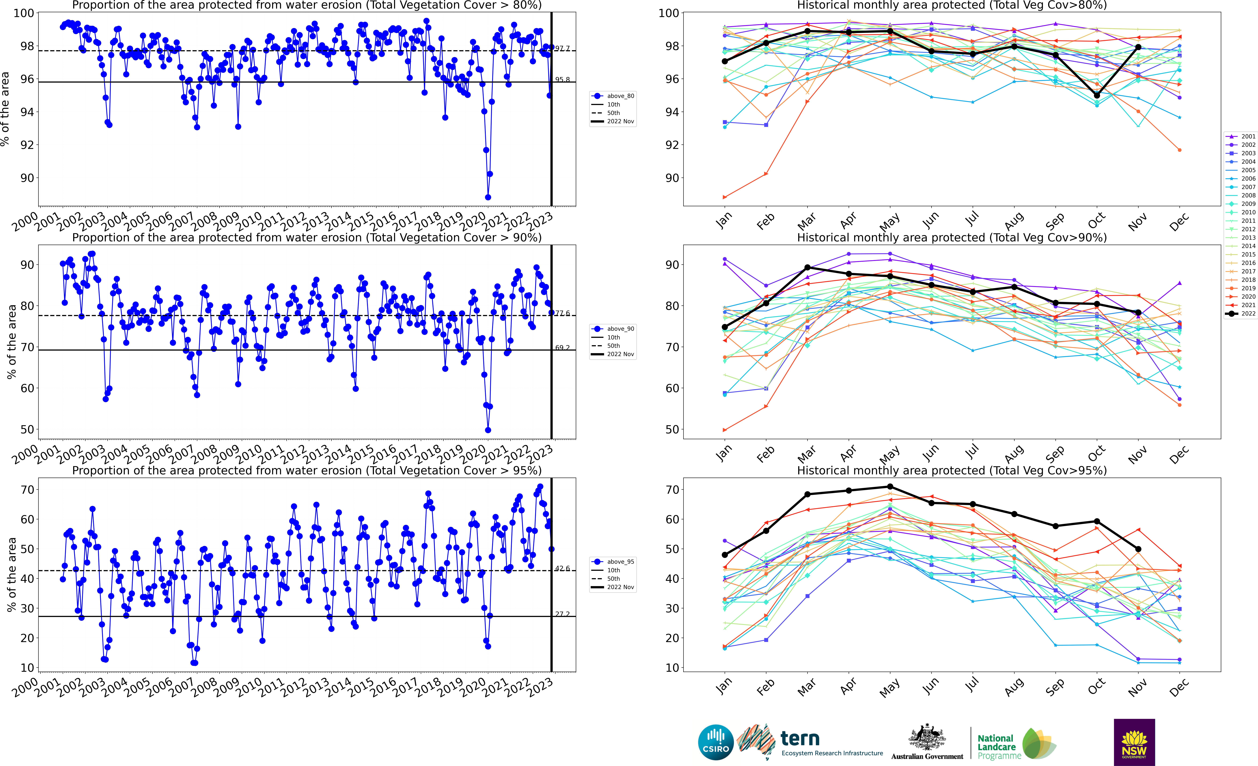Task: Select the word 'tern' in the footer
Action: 800,738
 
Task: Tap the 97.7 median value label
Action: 562,48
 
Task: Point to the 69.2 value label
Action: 562,348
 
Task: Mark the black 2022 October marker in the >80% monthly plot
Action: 1097,95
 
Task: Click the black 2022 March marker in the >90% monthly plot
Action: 807,268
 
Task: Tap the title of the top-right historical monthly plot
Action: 952,6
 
